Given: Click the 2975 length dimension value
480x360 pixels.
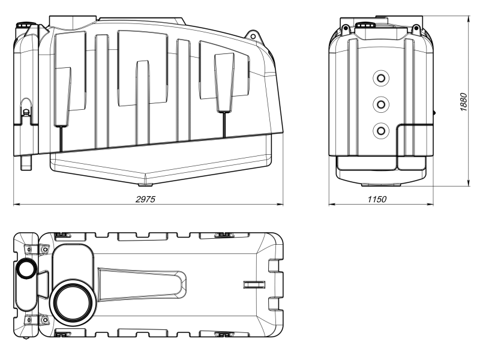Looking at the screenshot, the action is [145, 199].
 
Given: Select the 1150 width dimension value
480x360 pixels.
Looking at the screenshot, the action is [377, 199].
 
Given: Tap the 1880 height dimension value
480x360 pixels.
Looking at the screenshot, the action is [464, 101].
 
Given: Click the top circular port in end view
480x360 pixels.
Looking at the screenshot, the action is [381, 79].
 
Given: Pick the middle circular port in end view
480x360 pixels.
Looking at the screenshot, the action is [381, 104].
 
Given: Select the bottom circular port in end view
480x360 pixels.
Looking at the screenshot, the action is [381, 131].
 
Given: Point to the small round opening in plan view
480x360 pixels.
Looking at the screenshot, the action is [26, 268].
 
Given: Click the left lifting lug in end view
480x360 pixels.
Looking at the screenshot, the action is [346, 29].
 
